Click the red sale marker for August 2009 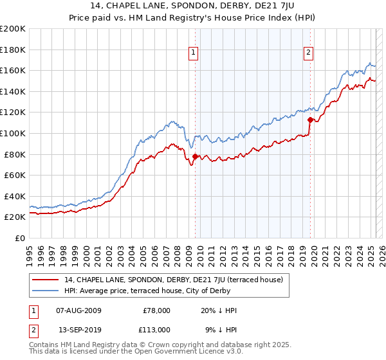[195, 156]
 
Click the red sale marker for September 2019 [310, 119]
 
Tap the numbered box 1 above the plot [194, 53]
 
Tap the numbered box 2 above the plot [309, 53]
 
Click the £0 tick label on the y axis [20, 238]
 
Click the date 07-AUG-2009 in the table [79, 310]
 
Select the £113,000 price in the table [156, 329]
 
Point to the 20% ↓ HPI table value [219, 310]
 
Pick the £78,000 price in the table [157, 310]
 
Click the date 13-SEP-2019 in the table [78, 329]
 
